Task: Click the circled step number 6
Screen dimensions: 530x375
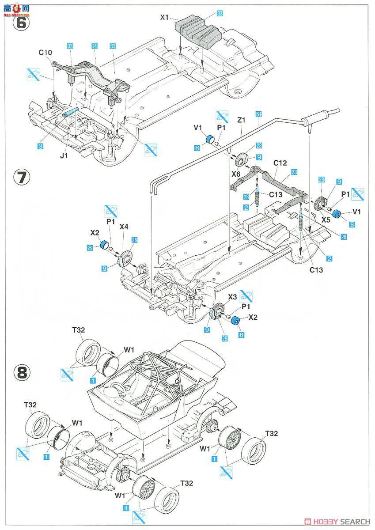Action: [21, 22]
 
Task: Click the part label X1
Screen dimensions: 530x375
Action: [165, 18]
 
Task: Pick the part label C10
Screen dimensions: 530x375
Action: [45, 53]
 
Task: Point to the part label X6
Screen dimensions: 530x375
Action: [236, 175]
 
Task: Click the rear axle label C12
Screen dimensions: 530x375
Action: [280, 163]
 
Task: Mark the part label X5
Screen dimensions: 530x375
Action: [326, 220]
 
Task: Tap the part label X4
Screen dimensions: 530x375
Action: [125, 227]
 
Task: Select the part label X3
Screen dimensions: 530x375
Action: [233, 297]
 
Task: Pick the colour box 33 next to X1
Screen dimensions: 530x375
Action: [220, 14]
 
